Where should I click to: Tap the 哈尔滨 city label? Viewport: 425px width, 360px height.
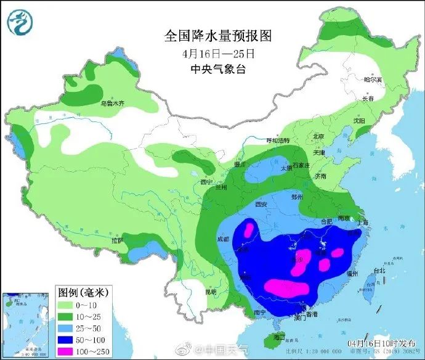click(x=373, y=80)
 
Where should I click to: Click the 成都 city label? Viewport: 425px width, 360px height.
click(x=222, y=239)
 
